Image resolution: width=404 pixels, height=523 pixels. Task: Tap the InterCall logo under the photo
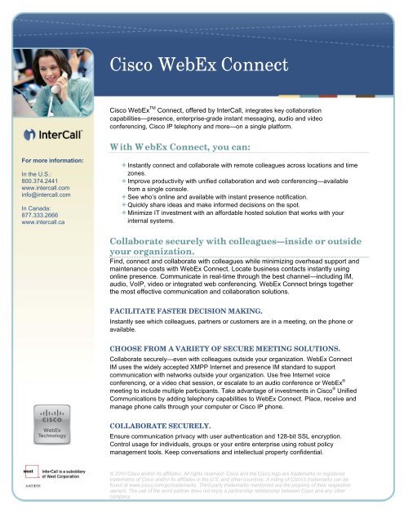pos(52,133)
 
